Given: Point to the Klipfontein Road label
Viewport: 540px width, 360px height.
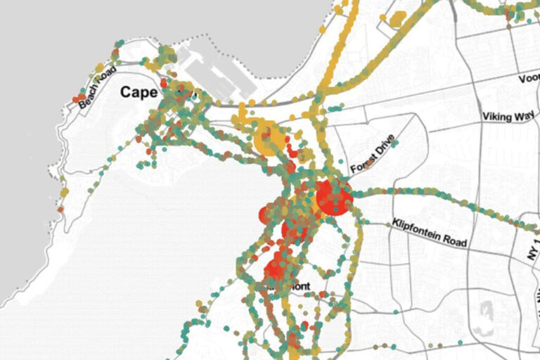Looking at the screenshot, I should (x=430, y=231).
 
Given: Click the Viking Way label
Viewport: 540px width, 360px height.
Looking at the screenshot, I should (x=508, y=117).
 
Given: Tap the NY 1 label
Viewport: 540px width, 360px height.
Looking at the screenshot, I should (x=532, y=249).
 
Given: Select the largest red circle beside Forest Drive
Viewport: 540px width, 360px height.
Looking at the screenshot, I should (x=333, y=198).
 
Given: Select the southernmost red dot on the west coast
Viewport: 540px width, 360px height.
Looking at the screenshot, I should (x=60, y=209).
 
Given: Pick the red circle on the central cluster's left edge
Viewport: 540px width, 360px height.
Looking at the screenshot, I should (x=266, y=214).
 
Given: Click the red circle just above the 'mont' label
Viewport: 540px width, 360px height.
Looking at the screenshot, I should (x=276, y=269).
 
